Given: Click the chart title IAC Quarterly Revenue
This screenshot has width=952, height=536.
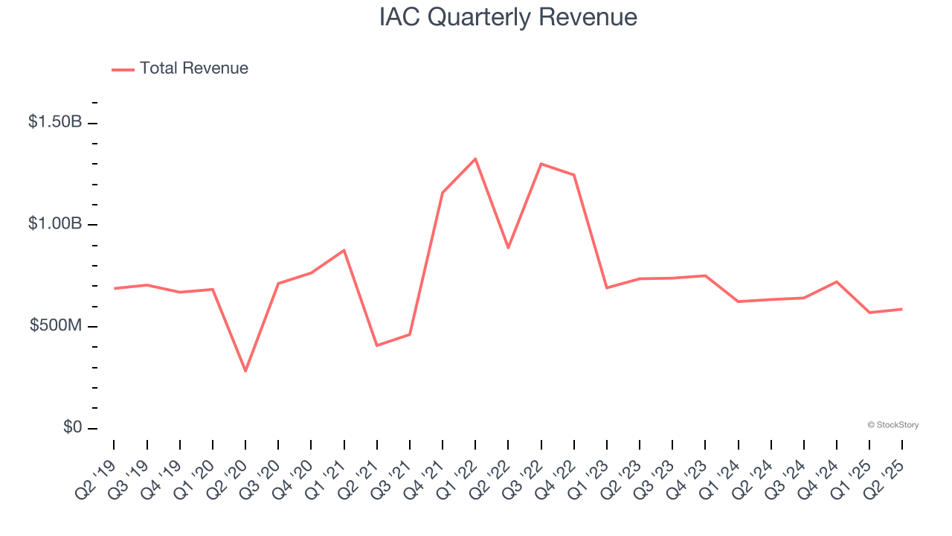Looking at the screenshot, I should (x=508, y=17).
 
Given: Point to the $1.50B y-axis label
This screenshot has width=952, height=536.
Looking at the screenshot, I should (x=55, y=122).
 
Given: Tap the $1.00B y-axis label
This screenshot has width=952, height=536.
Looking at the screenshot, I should (x=55, y=224).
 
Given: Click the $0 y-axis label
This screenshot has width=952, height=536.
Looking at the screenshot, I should (x=71, y=428).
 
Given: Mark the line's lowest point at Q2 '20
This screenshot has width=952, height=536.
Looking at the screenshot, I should (x=245, y=371).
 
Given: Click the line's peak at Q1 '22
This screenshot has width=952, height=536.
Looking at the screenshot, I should (x=475, y=159).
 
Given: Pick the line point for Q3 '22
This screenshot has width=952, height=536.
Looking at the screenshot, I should (x=541, y=164).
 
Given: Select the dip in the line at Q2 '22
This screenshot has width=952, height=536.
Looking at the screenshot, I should (x=508, y=247).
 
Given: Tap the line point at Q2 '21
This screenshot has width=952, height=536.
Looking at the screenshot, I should (x=377, y=345).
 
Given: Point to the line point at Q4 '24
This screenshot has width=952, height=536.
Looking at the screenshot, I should (x=837, y=281).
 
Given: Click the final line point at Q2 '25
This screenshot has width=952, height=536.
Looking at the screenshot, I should (x=902, y=309).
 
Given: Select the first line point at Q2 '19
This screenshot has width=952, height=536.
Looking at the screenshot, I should (x=115, y=288).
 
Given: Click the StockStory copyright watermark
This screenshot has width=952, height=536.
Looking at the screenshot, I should (x=892, y=425).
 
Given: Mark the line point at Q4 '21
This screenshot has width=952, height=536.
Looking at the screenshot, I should (x=443, y=193).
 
